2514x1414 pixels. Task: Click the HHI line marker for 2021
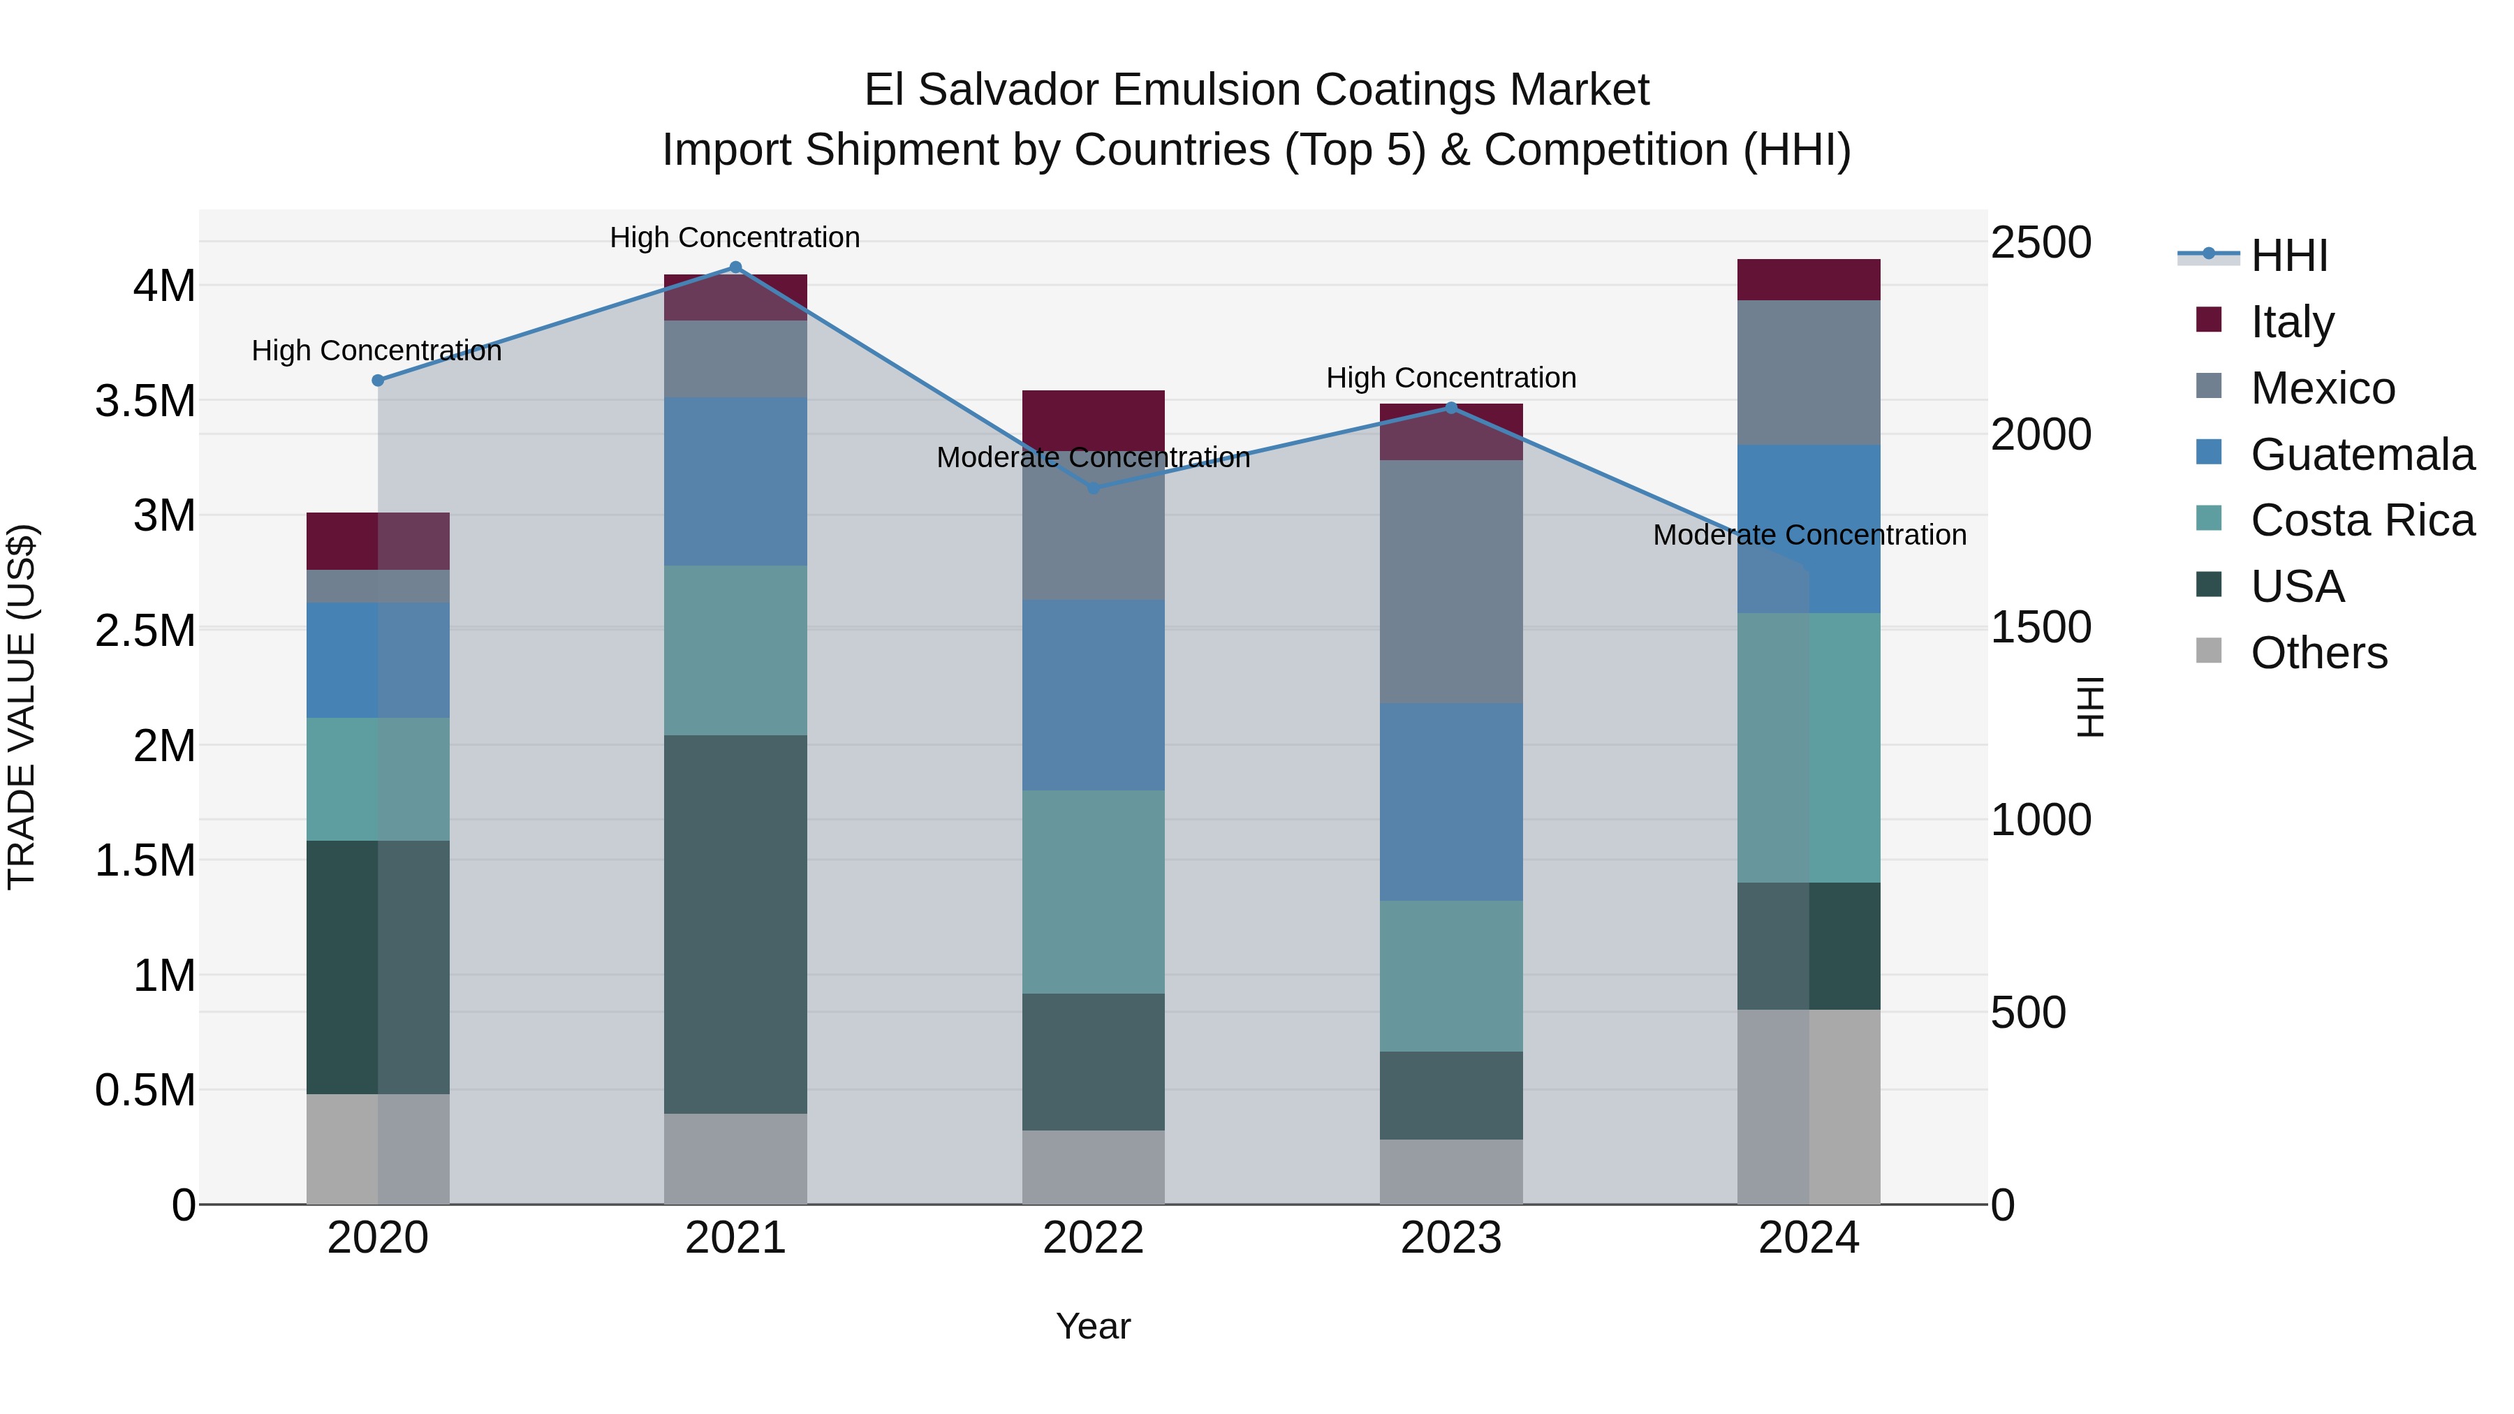(x=736, y=267)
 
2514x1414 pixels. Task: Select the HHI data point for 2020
(x=378, y=381)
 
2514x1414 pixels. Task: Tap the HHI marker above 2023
(x=1451, y=408)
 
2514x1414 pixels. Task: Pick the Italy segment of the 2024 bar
(x=1809, y=280)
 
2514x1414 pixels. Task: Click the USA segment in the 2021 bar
(x=736, y=923)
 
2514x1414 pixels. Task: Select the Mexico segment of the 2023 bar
(x=1451, y=582)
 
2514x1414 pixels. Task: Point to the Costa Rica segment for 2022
(x=1093, y=891)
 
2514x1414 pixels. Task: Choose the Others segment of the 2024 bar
(x=1809, y=1107)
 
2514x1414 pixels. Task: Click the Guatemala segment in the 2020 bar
(x=378, y=660)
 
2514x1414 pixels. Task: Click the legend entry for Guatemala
(x=2362, y=455)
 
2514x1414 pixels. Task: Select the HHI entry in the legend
(x=2288, y=257)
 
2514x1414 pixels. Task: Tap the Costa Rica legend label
(x=2362, y=520)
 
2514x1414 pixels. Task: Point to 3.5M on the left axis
(x=145, y=401)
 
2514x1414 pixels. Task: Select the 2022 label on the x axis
(x=1093, y=1238)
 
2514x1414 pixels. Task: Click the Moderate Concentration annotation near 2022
(x=1093, y=457)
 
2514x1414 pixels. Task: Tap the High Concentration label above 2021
(x=735, y=237)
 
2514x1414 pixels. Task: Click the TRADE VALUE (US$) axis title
(x=22, y=707)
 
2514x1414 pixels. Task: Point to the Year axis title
(x=1093, y=1326)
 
